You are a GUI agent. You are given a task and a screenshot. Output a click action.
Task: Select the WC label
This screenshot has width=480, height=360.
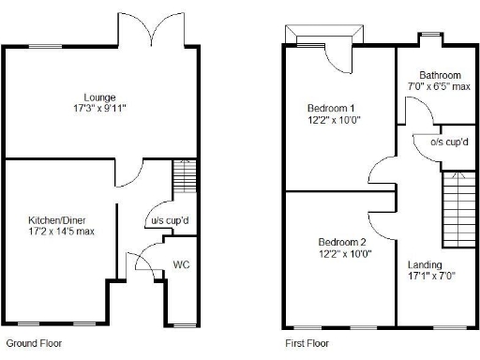pos(181,264)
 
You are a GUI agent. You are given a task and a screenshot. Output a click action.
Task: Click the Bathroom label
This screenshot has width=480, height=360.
pos(440,75)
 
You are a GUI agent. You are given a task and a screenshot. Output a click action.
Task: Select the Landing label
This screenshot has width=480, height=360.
pos(425,265)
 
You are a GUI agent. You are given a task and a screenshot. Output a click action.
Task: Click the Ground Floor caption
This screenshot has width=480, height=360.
pos(34,343)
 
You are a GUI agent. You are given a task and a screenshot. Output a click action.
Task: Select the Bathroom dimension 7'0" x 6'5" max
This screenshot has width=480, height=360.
pos(440,86)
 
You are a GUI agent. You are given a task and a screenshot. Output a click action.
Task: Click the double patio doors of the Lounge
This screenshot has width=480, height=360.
pos(153,33)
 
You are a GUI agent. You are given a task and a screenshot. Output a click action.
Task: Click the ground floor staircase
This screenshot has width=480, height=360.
pos(186,177)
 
